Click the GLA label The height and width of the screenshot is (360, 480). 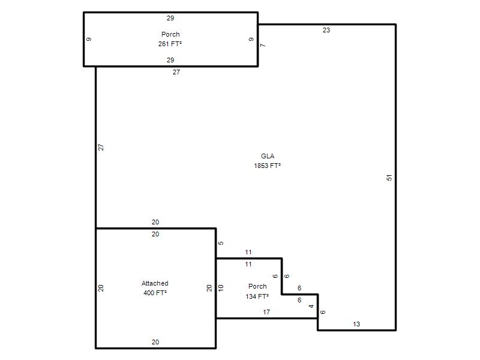[x=268, y=156]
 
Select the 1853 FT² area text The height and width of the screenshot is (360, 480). [x=267, y=166]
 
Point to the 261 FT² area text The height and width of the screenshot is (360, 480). [x=170, y=44]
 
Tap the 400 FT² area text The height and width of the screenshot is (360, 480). [x=155, y=293]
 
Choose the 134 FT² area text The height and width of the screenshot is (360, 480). [x=257, y=296]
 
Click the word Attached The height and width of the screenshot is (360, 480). [x=155, y=283]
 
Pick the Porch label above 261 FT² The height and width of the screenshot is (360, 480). [x=170, y=34]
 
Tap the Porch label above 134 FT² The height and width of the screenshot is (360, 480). [x=257, y=286]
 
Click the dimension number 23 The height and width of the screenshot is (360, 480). [x=326, y=30]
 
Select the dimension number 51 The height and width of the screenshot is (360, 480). [x=389, y=178]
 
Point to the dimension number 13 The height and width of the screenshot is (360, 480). [x=356, y=324]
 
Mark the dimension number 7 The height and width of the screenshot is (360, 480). [x=263, y=46]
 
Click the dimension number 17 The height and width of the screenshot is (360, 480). [x=266, y=312]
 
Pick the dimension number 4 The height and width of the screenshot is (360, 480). [x=311, y=306]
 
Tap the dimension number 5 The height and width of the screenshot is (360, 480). [x=221, y=243]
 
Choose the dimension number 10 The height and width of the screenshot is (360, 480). [x=221, y=288]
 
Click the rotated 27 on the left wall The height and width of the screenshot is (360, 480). [x=101, y=147]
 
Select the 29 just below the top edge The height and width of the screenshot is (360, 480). [x=170, y=18]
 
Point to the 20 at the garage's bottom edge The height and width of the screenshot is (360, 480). [x=155, y=342]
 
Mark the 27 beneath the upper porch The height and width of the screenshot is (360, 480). [x=176, y=72]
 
